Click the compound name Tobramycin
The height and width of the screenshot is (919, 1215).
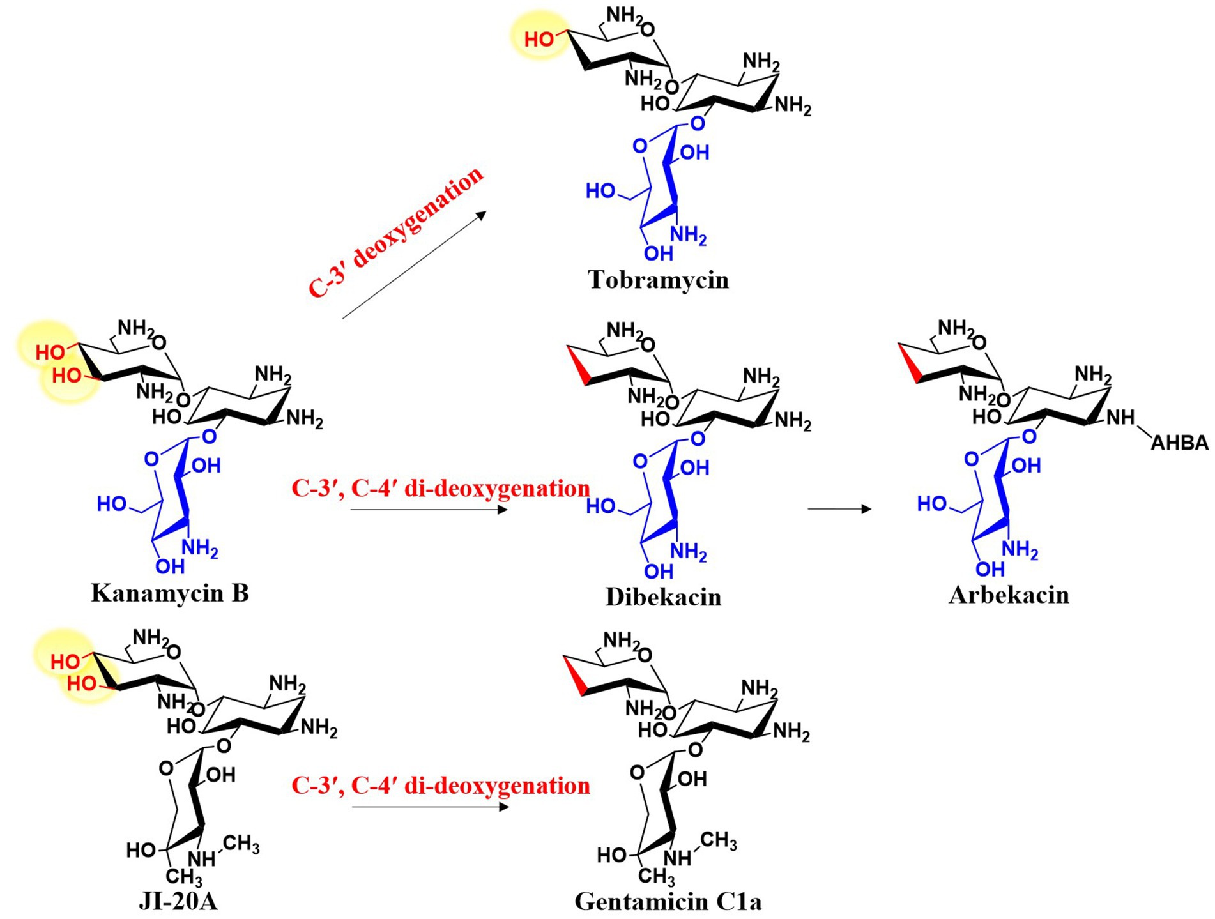coord(658,280)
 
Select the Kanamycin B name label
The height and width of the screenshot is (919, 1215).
coord(170,593)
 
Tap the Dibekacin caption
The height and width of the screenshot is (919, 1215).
coord(663,596)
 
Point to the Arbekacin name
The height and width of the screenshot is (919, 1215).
coord(1009,595)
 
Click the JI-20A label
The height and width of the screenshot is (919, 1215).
coord(178,901)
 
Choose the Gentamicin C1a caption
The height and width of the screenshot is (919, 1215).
coord(668,901)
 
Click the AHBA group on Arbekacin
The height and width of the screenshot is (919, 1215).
coord(1179,443)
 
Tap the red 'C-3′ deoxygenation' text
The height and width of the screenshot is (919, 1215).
coord(396,232)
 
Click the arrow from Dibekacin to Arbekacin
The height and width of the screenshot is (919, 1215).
coord(839,509)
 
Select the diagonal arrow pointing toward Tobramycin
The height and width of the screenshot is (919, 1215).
coord(414,265)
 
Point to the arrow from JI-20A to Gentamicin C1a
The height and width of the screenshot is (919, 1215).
coord(430,807)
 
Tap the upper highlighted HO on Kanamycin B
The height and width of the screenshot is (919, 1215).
coord(50,353)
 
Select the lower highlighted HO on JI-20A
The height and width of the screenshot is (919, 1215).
coord(82,684)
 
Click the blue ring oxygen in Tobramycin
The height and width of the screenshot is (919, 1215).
coord(639,147)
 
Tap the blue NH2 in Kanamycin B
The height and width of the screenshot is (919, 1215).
coord(199,547)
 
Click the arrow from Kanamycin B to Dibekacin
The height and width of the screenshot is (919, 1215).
coord(429,510)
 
